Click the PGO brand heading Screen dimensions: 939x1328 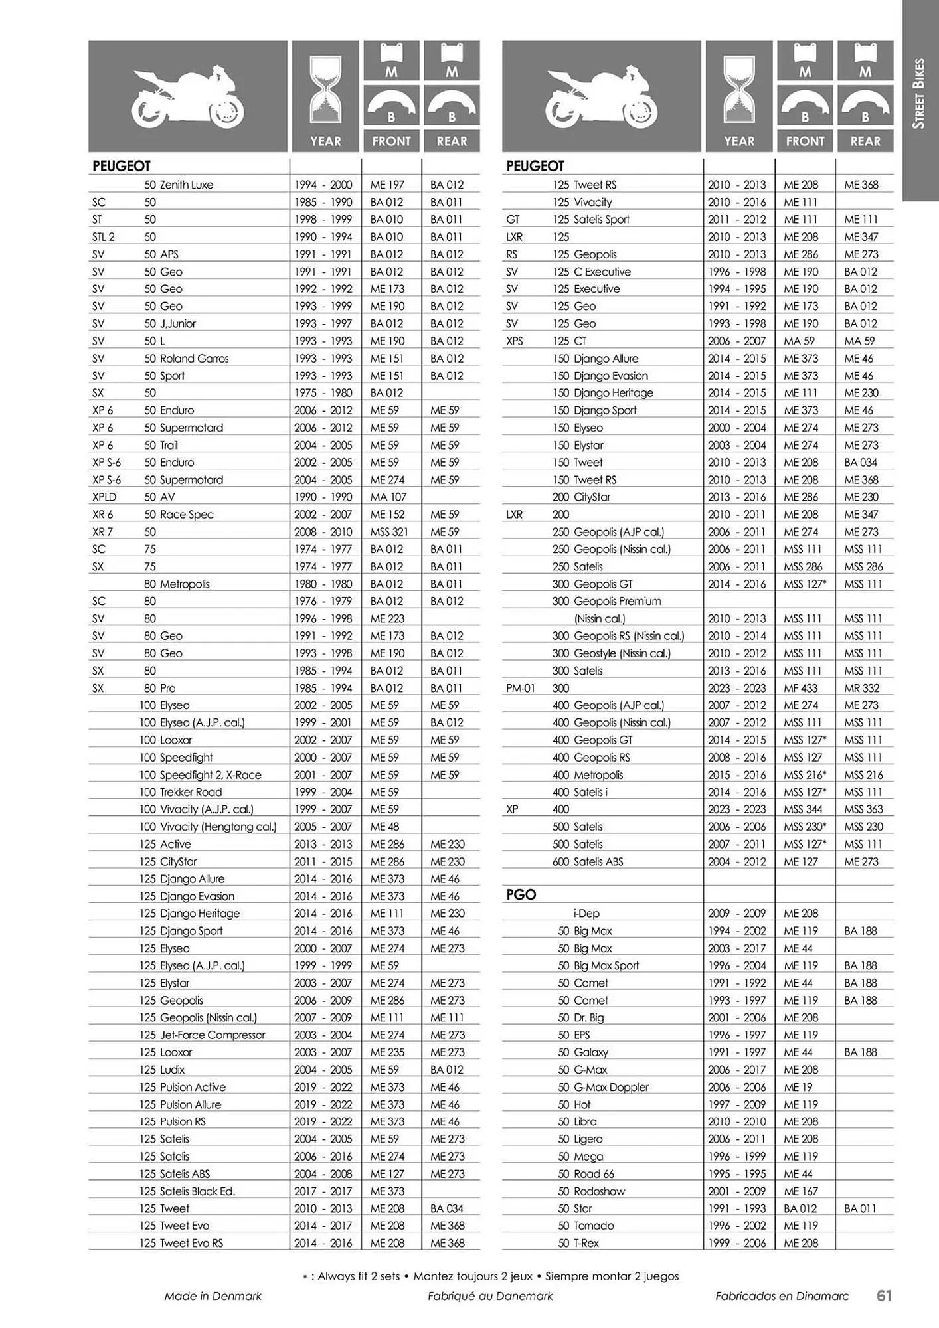click(521, 894)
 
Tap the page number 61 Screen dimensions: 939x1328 click(884, 1295)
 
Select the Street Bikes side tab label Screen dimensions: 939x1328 click(919, 94)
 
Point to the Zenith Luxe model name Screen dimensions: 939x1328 click(186, 185)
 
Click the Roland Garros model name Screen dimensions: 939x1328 click(194, 359)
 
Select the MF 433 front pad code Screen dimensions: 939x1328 click(800, 689)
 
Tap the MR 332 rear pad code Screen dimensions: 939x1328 click(861, 689)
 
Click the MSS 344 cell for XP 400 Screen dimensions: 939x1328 click(803, 809)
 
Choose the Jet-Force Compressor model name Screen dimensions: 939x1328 click(212, 1035)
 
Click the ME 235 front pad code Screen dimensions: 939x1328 click(387, 1052)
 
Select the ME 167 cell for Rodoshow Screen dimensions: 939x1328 click(800, 1191)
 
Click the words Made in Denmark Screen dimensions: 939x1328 click(213, 1295)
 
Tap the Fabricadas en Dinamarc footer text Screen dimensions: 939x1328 click(782, 1295)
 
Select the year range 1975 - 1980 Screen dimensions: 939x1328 click(323, 393)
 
